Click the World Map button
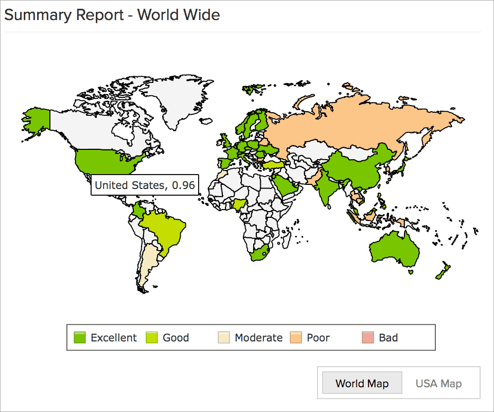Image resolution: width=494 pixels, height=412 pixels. (362, 384)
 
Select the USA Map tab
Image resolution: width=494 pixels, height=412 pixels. (438, 384)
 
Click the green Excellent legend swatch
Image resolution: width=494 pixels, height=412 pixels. (80, 338)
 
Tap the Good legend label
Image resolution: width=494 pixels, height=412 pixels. (175, 338)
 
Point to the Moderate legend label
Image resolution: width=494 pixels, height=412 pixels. (258, 338)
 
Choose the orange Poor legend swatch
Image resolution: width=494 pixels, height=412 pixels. (296, 338)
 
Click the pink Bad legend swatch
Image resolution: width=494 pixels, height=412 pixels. (368, 338)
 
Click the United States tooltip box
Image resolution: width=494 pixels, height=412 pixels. (145, 185)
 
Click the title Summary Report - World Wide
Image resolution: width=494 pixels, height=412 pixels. (112, 15)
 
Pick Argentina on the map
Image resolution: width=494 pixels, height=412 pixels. (149, 263)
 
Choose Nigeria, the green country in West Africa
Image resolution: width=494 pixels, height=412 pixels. (240, 205)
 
